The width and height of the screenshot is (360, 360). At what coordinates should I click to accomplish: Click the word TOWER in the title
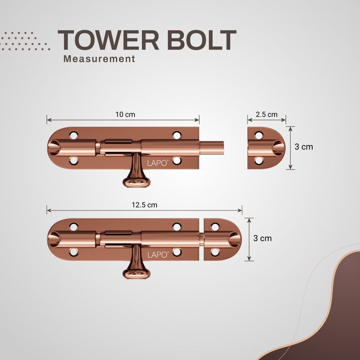108,40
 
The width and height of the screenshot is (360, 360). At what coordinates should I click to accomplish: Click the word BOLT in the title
202,40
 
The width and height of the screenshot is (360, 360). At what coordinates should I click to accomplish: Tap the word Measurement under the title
99,59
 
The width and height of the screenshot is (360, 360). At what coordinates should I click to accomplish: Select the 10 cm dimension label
125,114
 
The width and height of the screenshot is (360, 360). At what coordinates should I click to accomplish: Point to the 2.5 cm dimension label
266,114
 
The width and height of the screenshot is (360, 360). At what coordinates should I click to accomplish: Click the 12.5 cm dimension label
144,205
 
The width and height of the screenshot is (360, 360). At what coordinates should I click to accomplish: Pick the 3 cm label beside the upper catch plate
304,147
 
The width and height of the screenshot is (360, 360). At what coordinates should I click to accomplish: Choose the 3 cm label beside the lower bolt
262,238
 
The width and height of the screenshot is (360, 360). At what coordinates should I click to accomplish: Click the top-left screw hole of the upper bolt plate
74,135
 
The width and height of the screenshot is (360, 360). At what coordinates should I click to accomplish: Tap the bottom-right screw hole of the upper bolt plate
177,161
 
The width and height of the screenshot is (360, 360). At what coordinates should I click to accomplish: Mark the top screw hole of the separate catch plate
259,135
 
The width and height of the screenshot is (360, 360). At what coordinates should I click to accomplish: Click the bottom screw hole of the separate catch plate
259,161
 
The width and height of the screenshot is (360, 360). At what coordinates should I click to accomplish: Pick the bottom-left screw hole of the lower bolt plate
74,252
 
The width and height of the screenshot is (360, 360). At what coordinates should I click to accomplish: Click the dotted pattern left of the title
24,41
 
